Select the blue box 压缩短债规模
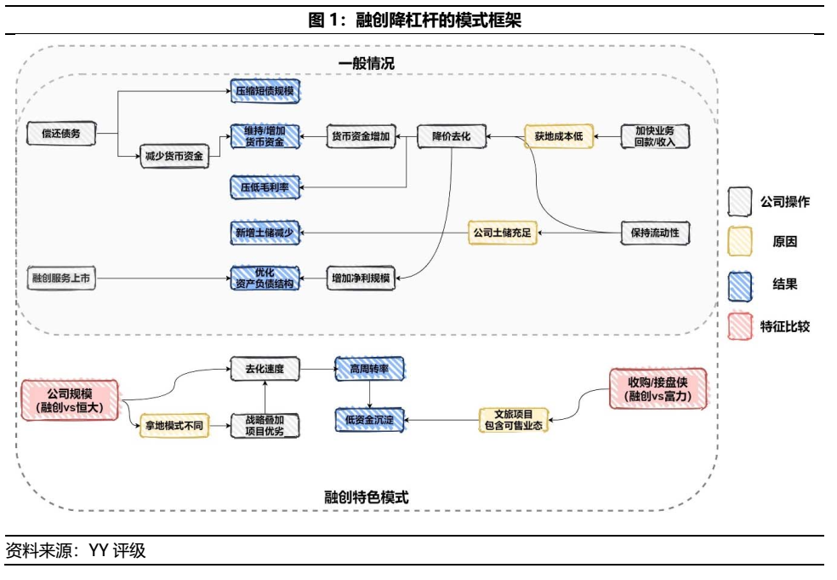tap(265, 90)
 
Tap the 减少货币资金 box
tap(174, 156)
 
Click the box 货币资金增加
tap(361, 136)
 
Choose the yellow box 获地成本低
tap(559, 136)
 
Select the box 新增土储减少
tap(265, 232)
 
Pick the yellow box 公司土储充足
tap(503, 232)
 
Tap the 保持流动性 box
tap(655, 232)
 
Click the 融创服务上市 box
tap(60, 279)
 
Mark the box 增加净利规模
tap(361, 279)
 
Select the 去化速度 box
tap(265, 369)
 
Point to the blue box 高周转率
tap(368, 369)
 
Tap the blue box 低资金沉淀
tap(368, 419)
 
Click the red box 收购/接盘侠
tap(658, 388)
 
